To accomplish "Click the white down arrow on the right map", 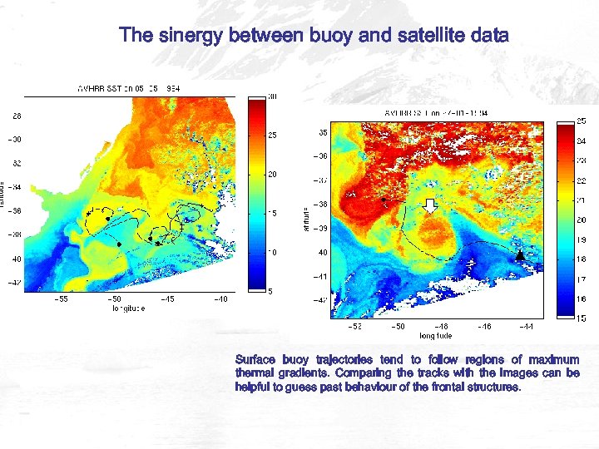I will click(430, 206).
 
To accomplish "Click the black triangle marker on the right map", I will click(521, 255).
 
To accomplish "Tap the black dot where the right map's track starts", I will click(384, 200).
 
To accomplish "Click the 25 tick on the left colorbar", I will click(271, 135).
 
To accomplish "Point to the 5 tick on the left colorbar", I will click(270, 290).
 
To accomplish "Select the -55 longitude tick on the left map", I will click(61, 299).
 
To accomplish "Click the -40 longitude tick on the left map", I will click(220, 299).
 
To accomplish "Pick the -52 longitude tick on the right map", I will click(354, 327).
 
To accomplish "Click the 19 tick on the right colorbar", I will click(582, 239).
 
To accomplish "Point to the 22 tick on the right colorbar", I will click(582, 180).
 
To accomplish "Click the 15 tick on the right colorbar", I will click(582, 318).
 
